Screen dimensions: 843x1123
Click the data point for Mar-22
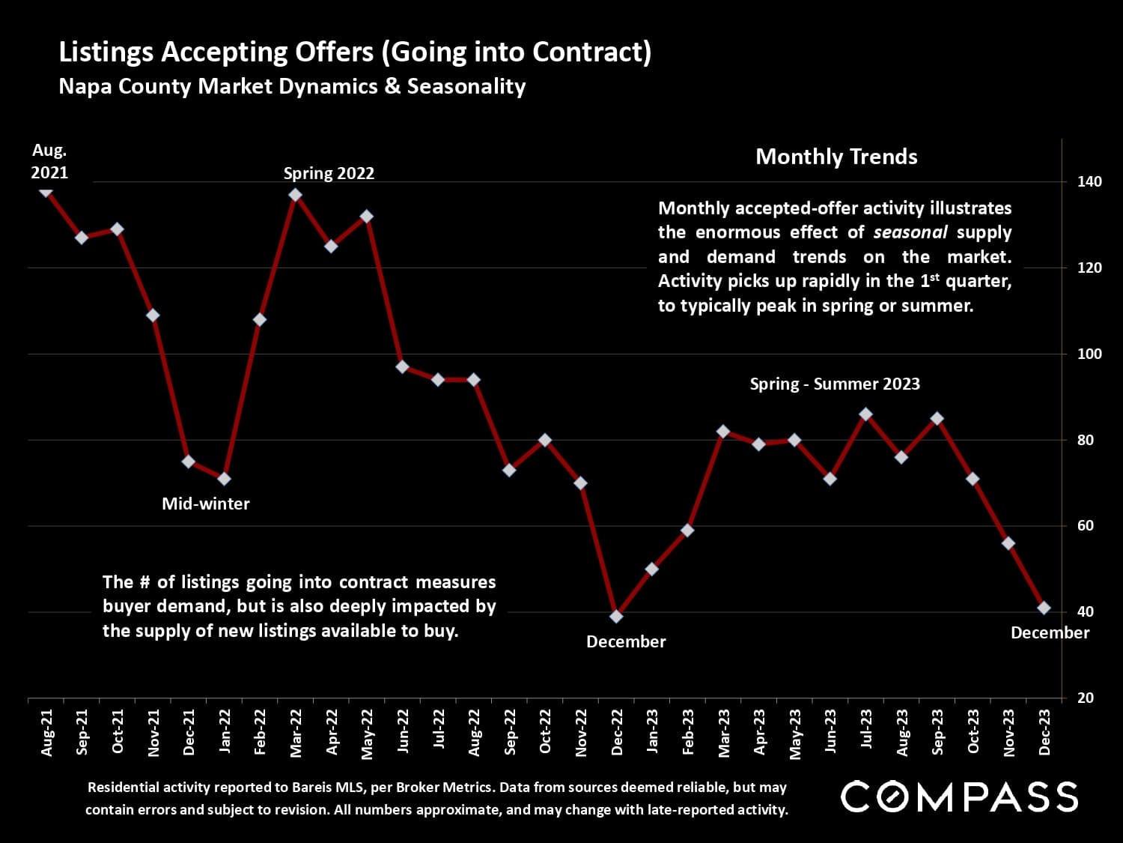click(x=295, y=195)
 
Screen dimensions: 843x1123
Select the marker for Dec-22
click(x=616, y=616)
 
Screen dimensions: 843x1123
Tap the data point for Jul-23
click(x=865, y=414)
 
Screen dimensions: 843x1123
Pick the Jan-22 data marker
click(x=224, y=479)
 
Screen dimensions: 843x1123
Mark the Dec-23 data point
click(x=1044, y=608)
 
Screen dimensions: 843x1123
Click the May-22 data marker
click(x=367, y=217)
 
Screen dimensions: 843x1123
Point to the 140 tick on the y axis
click(x=1089, y=181)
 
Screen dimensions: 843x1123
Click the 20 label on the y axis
click(x=1085, y=698)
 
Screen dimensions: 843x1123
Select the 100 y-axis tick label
click(x=1089, y=354)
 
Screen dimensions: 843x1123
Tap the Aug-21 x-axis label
click(x=47, y=733)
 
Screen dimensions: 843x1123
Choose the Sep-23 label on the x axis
click(x=937, y=733)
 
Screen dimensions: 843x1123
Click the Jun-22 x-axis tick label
click(x=403, y=733)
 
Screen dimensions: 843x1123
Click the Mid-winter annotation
click(x=206, y=504)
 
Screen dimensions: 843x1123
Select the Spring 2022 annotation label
click(x=329, y=173)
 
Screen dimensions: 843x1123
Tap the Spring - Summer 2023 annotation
click(x=835, y=384)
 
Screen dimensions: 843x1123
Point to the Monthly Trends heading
click(x=836, y=157)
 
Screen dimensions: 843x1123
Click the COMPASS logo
click(x=959, y=796)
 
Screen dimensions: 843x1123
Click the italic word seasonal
click(x=910, y=232)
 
